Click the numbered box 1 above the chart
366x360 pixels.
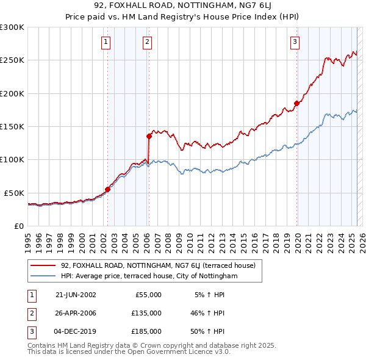click(106, 42)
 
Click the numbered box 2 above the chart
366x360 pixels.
click(148, 42)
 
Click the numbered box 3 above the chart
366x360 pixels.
click(295, 42)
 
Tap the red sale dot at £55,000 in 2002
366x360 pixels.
click(108, 189)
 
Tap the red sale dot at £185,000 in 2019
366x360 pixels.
click(296, 103)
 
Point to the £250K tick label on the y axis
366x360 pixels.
click(12, 60)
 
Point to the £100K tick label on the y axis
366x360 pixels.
click(12, 159)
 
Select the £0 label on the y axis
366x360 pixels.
click(18, 226)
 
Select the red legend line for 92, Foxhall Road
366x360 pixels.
click(43, 265)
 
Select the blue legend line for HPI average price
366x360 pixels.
click(43, 276)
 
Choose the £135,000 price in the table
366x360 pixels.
click(146, 313)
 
